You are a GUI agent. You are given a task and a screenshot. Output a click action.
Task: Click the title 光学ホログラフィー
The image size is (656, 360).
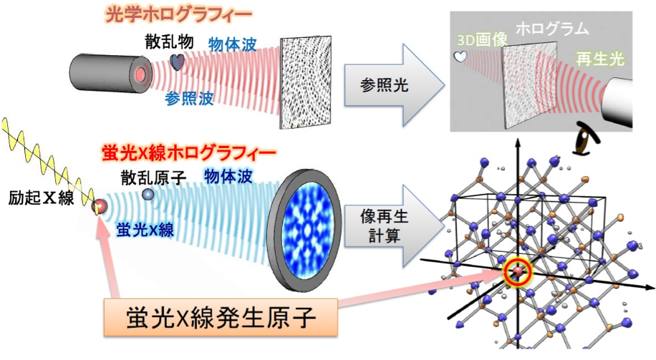(178, 15)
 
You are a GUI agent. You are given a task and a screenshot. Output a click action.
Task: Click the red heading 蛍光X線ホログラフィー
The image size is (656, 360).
(188, 153)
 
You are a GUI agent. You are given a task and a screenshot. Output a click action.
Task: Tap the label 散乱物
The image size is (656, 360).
(169, 42)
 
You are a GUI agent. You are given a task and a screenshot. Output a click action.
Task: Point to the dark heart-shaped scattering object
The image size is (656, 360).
(177, 62)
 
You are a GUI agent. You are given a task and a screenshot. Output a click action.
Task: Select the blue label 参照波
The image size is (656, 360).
(189, 98)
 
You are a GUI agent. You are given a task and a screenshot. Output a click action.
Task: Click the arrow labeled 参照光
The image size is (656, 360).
(394, 85)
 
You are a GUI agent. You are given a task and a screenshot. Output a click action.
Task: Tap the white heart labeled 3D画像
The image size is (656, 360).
(460, 57)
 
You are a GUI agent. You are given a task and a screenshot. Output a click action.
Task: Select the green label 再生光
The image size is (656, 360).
(600, 59)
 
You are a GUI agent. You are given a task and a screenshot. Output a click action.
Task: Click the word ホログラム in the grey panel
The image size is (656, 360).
(552, 29)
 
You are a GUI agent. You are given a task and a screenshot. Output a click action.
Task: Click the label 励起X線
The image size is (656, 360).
(41, 198)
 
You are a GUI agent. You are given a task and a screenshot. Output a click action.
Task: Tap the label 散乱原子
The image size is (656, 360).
(153, 177)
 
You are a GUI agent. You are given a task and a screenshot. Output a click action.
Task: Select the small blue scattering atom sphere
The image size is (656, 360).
(148, 194)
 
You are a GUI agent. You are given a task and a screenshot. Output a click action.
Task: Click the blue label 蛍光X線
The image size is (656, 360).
(145, 230)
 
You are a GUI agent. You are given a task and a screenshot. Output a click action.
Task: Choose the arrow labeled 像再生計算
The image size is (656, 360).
(394, 227)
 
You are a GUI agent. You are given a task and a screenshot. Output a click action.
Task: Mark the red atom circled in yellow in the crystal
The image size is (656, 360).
(518, 272)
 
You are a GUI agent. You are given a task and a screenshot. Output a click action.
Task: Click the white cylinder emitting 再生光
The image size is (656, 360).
(617, 102)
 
